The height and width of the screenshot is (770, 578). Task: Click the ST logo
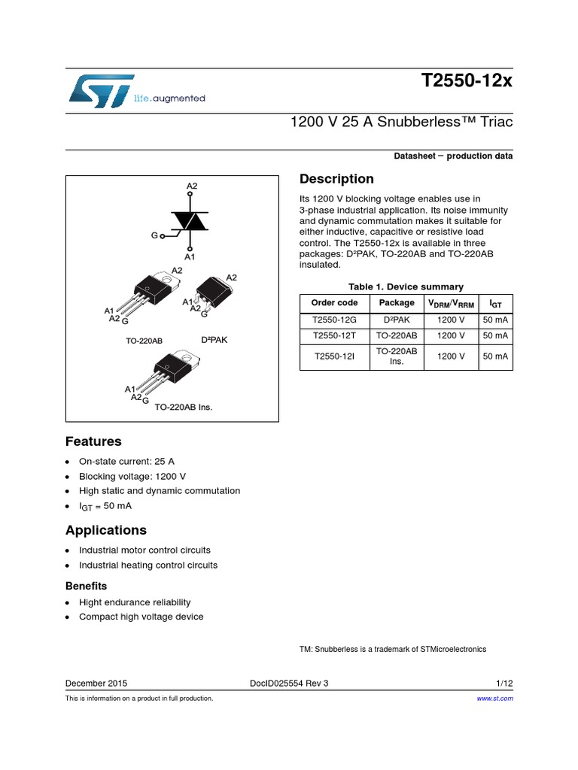[101, 89]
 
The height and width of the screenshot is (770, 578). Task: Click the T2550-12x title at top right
[467, 82]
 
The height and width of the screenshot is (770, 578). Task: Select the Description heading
[336, 179]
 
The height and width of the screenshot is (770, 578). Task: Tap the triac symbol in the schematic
[190, 220]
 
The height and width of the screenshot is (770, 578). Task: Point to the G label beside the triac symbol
[154, 235]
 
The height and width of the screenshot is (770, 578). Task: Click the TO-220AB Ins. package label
[184, 407]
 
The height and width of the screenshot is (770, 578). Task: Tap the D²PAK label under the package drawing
[214, 340]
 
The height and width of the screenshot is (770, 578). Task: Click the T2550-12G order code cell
[335, 320]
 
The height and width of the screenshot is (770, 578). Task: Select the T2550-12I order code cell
[335, 356]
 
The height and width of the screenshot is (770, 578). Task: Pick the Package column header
[397, 302]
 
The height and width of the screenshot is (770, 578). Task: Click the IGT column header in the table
[495, 303]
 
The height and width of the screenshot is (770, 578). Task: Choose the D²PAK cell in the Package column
[397, 320]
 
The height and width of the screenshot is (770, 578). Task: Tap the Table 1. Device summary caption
[406, 286]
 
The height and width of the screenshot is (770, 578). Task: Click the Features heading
[93, 441]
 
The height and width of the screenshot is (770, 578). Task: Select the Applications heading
[106, 530]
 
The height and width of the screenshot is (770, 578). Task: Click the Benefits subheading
[86, 586]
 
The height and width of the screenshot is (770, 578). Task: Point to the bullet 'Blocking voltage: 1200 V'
[132, 476]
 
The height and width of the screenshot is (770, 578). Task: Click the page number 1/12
[504, 684]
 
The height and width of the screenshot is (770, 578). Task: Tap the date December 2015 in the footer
[96, 684]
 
